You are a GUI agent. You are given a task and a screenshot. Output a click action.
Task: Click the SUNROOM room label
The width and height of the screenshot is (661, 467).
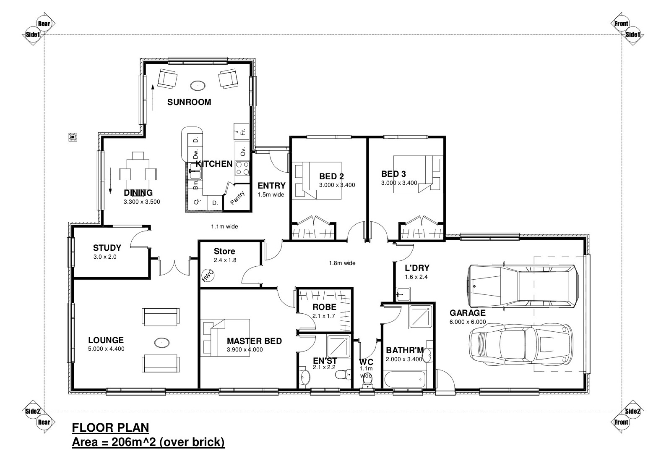point(189,102)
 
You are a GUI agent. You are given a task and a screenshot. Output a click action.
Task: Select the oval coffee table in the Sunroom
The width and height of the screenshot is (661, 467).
point(198,86)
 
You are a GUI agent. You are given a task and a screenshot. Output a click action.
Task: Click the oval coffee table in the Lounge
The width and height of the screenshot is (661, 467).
point(162,343)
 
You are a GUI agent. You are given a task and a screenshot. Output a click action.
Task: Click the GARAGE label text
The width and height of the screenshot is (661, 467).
point(467,313)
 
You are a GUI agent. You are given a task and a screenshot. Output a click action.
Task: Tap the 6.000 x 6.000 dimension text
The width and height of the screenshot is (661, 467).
point(467,322)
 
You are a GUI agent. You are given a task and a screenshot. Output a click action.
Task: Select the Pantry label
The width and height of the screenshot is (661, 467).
point(237,198)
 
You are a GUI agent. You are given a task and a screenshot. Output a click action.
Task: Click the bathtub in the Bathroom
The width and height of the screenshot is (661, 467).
point(405,380)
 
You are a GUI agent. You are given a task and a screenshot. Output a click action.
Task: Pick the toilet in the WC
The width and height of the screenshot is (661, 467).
point(367,383)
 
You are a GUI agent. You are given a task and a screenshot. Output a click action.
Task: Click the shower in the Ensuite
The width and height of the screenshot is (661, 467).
point(338,346)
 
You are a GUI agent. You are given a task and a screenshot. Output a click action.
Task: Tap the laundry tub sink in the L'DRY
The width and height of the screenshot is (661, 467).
point(403,294)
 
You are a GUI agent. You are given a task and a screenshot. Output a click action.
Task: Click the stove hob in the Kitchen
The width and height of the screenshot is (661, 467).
point(242,168)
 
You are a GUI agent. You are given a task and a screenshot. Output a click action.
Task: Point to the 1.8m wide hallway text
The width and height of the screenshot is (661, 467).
point(342,263)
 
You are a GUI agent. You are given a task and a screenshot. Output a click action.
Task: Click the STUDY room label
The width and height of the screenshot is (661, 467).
point(107,247)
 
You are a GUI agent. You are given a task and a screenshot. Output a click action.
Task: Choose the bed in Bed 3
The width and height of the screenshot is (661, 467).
point(418,174)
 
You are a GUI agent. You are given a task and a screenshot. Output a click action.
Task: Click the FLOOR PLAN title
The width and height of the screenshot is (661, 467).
point(110,428)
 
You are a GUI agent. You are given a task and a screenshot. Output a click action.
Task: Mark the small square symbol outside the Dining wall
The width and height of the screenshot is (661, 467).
point(73,137)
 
